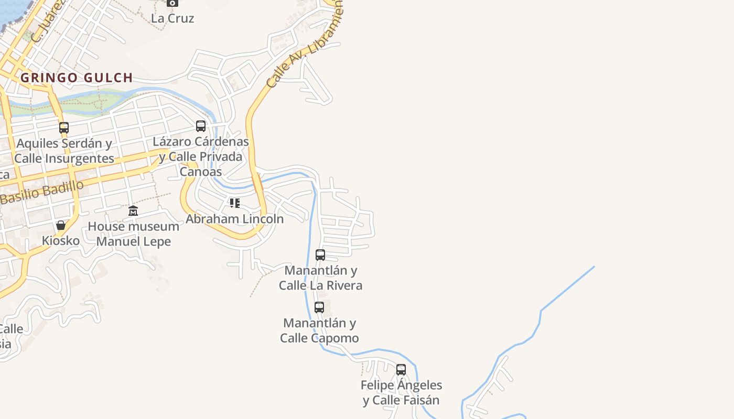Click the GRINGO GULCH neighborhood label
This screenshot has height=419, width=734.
click(x=77, y=78)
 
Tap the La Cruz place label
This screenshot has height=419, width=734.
click(x=172, y=18)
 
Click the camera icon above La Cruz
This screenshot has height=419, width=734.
click(x=172, y=3)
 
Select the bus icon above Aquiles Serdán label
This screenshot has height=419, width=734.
click(x=64, y=127)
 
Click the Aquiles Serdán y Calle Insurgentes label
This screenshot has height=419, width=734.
click(x=64, y=151)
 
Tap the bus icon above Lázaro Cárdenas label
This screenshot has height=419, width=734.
click(x=201, y=126)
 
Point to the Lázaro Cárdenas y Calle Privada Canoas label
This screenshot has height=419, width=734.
click(x=201, y=156)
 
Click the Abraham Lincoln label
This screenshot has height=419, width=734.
click(x=234, y=218)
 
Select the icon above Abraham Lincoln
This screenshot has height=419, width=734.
click(x=234, y=203)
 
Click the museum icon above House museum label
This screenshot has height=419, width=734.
click(x=133, y=211)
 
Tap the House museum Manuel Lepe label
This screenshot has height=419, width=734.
click(x=133, y=234)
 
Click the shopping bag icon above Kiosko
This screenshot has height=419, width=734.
click(x=61, y=225)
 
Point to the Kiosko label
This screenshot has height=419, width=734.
click(x=61, y=241)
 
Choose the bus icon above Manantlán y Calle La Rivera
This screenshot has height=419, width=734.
click(x=320, y=255)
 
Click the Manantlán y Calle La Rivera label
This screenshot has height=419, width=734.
click(x=320, y=278)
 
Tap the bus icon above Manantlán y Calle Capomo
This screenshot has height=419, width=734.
click(x=319, y=307)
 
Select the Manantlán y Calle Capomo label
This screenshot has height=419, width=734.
click(x=319, y=330)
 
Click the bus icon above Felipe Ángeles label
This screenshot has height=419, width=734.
click(x=401, y=370)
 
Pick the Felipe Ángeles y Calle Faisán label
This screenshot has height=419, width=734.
click(x=401, y=393)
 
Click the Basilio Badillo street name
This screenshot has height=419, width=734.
click(x=42, y=193)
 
